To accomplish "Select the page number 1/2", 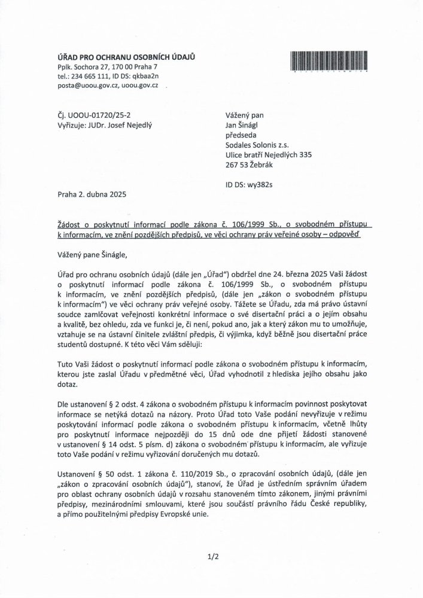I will coord(211,559).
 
